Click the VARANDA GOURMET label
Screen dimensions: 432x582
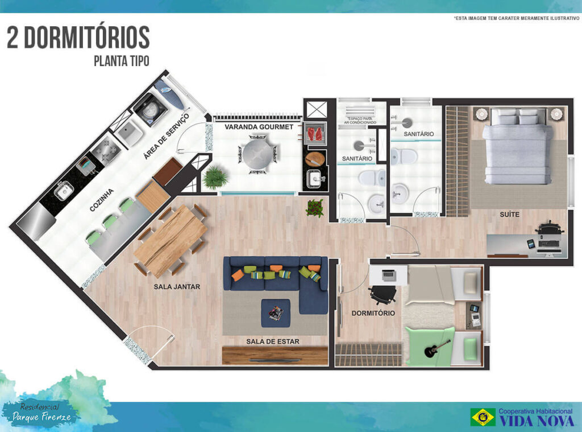[259, 127]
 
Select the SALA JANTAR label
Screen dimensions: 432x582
[177, 287]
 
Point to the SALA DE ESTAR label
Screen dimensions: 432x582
[273, 342]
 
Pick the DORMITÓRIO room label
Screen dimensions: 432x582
[373, 313]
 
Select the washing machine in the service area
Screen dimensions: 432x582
[149, 109]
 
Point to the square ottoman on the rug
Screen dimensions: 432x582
[276, 312]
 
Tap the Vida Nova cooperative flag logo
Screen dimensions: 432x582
[483, 417]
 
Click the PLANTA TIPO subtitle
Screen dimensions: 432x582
[121, 61]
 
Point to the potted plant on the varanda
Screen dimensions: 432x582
[215, 178]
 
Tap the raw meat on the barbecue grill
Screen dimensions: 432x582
[314, 134]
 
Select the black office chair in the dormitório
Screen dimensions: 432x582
[384, 294]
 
